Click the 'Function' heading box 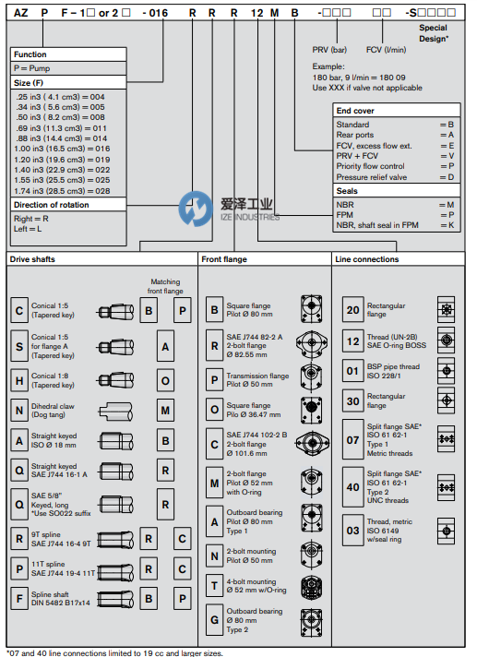coord(68,54)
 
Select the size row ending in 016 coord(62,149)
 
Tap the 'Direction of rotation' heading coord(68,205)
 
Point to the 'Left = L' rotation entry coord(28,229)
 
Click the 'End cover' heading coord(397,111)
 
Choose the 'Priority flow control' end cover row coord(395,166)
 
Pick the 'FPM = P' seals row coord(395,215)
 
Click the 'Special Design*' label coord(434,33)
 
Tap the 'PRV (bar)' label coord(329,50)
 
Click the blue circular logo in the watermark coord(196,209)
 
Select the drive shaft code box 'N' coord(19,411)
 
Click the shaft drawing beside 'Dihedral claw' coord(115,412)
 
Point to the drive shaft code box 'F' coord(19,598)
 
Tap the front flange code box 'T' coord(214,585)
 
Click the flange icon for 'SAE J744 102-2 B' coord(312,443)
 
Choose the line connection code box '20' coord(353,310)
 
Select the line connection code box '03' coord(353,531)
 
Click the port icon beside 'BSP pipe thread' coord(447,371)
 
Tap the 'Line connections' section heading coord(367,259)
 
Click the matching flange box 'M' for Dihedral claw coord(165,411)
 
